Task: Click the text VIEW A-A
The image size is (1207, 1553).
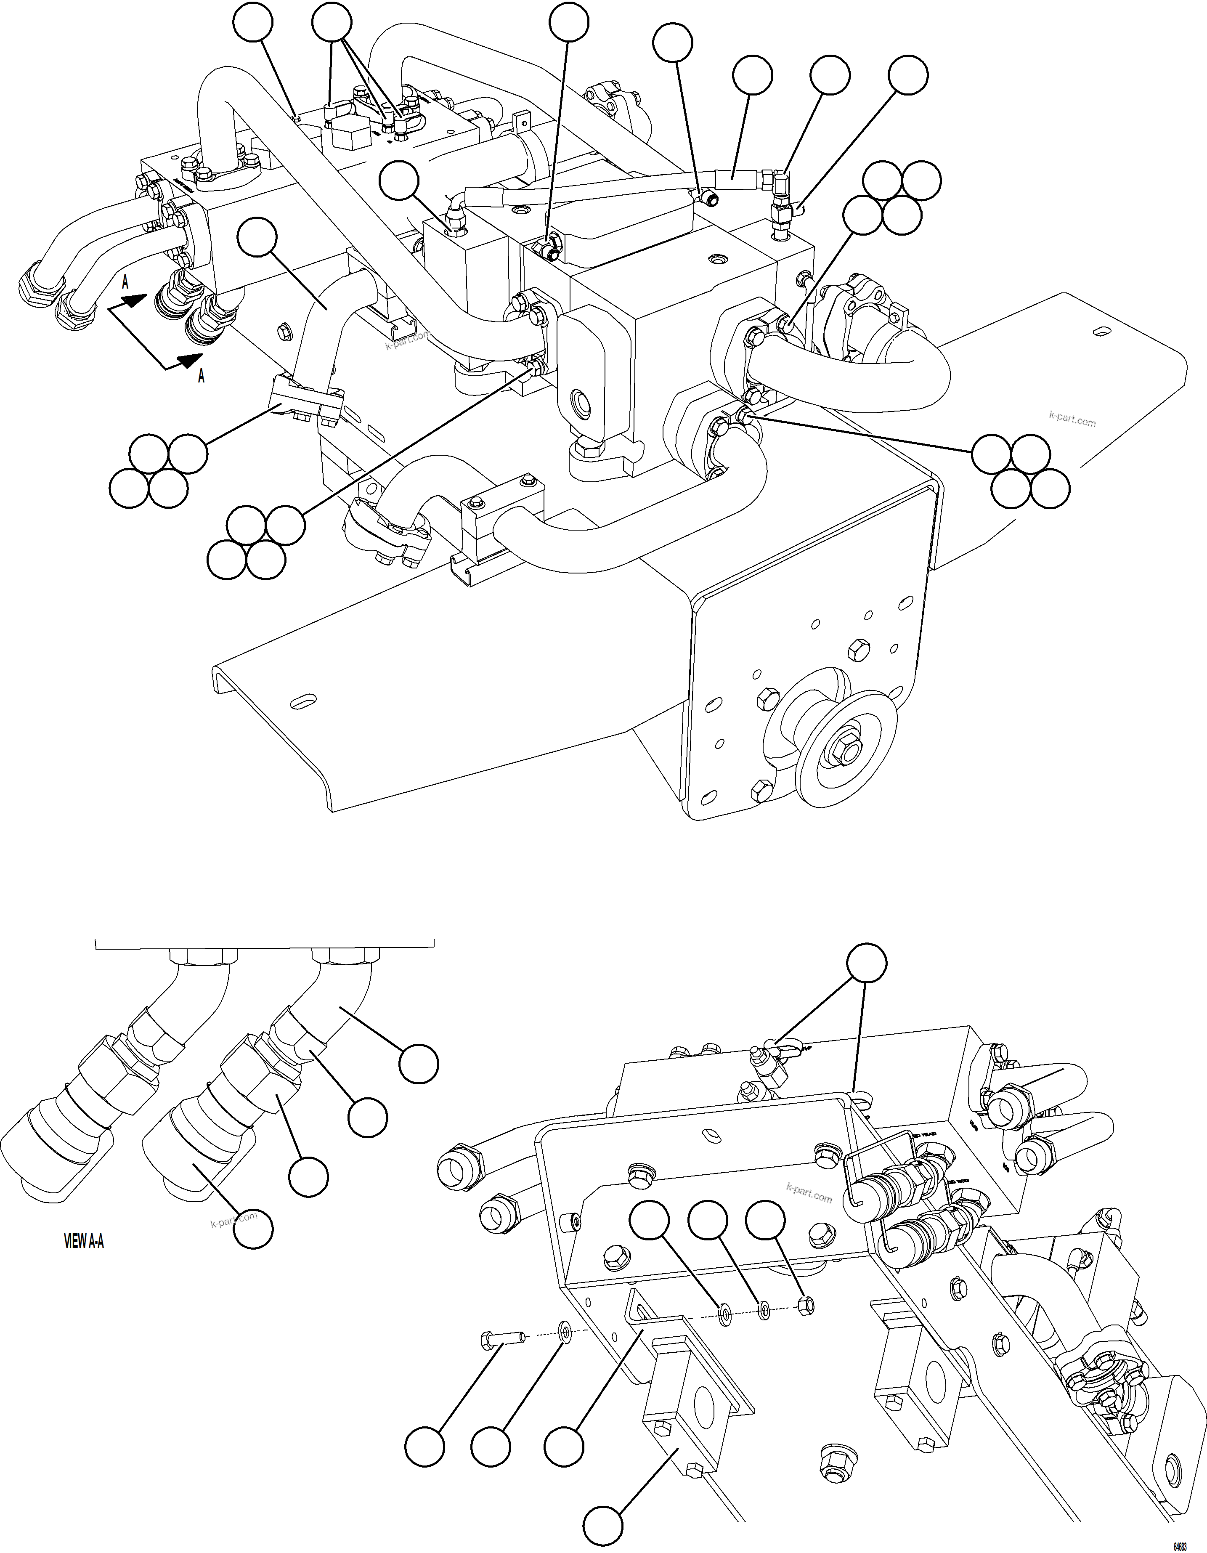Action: click(84, 1242)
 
